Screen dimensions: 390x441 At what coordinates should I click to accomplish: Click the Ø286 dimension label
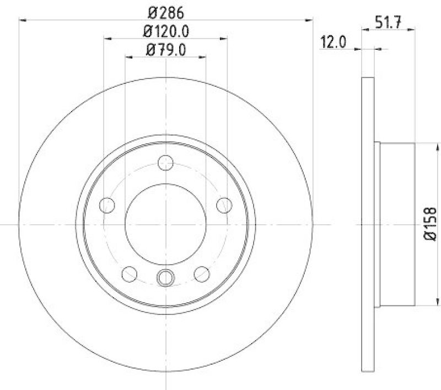166,10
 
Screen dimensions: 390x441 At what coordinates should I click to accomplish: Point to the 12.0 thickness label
333,43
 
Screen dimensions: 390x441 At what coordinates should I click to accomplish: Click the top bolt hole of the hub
165,162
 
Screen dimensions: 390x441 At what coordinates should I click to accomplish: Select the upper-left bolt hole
107,205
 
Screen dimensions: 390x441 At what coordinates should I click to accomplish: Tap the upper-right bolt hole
224,205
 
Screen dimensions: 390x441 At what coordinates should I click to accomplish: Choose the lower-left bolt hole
130,273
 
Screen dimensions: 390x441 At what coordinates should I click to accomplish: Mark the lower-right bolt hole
202,273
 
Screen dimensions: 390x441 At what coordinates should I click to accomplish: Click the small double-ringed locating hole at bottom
165,278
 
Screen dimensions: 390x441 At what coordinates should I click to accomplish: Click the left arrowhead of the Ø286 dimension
22,20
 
